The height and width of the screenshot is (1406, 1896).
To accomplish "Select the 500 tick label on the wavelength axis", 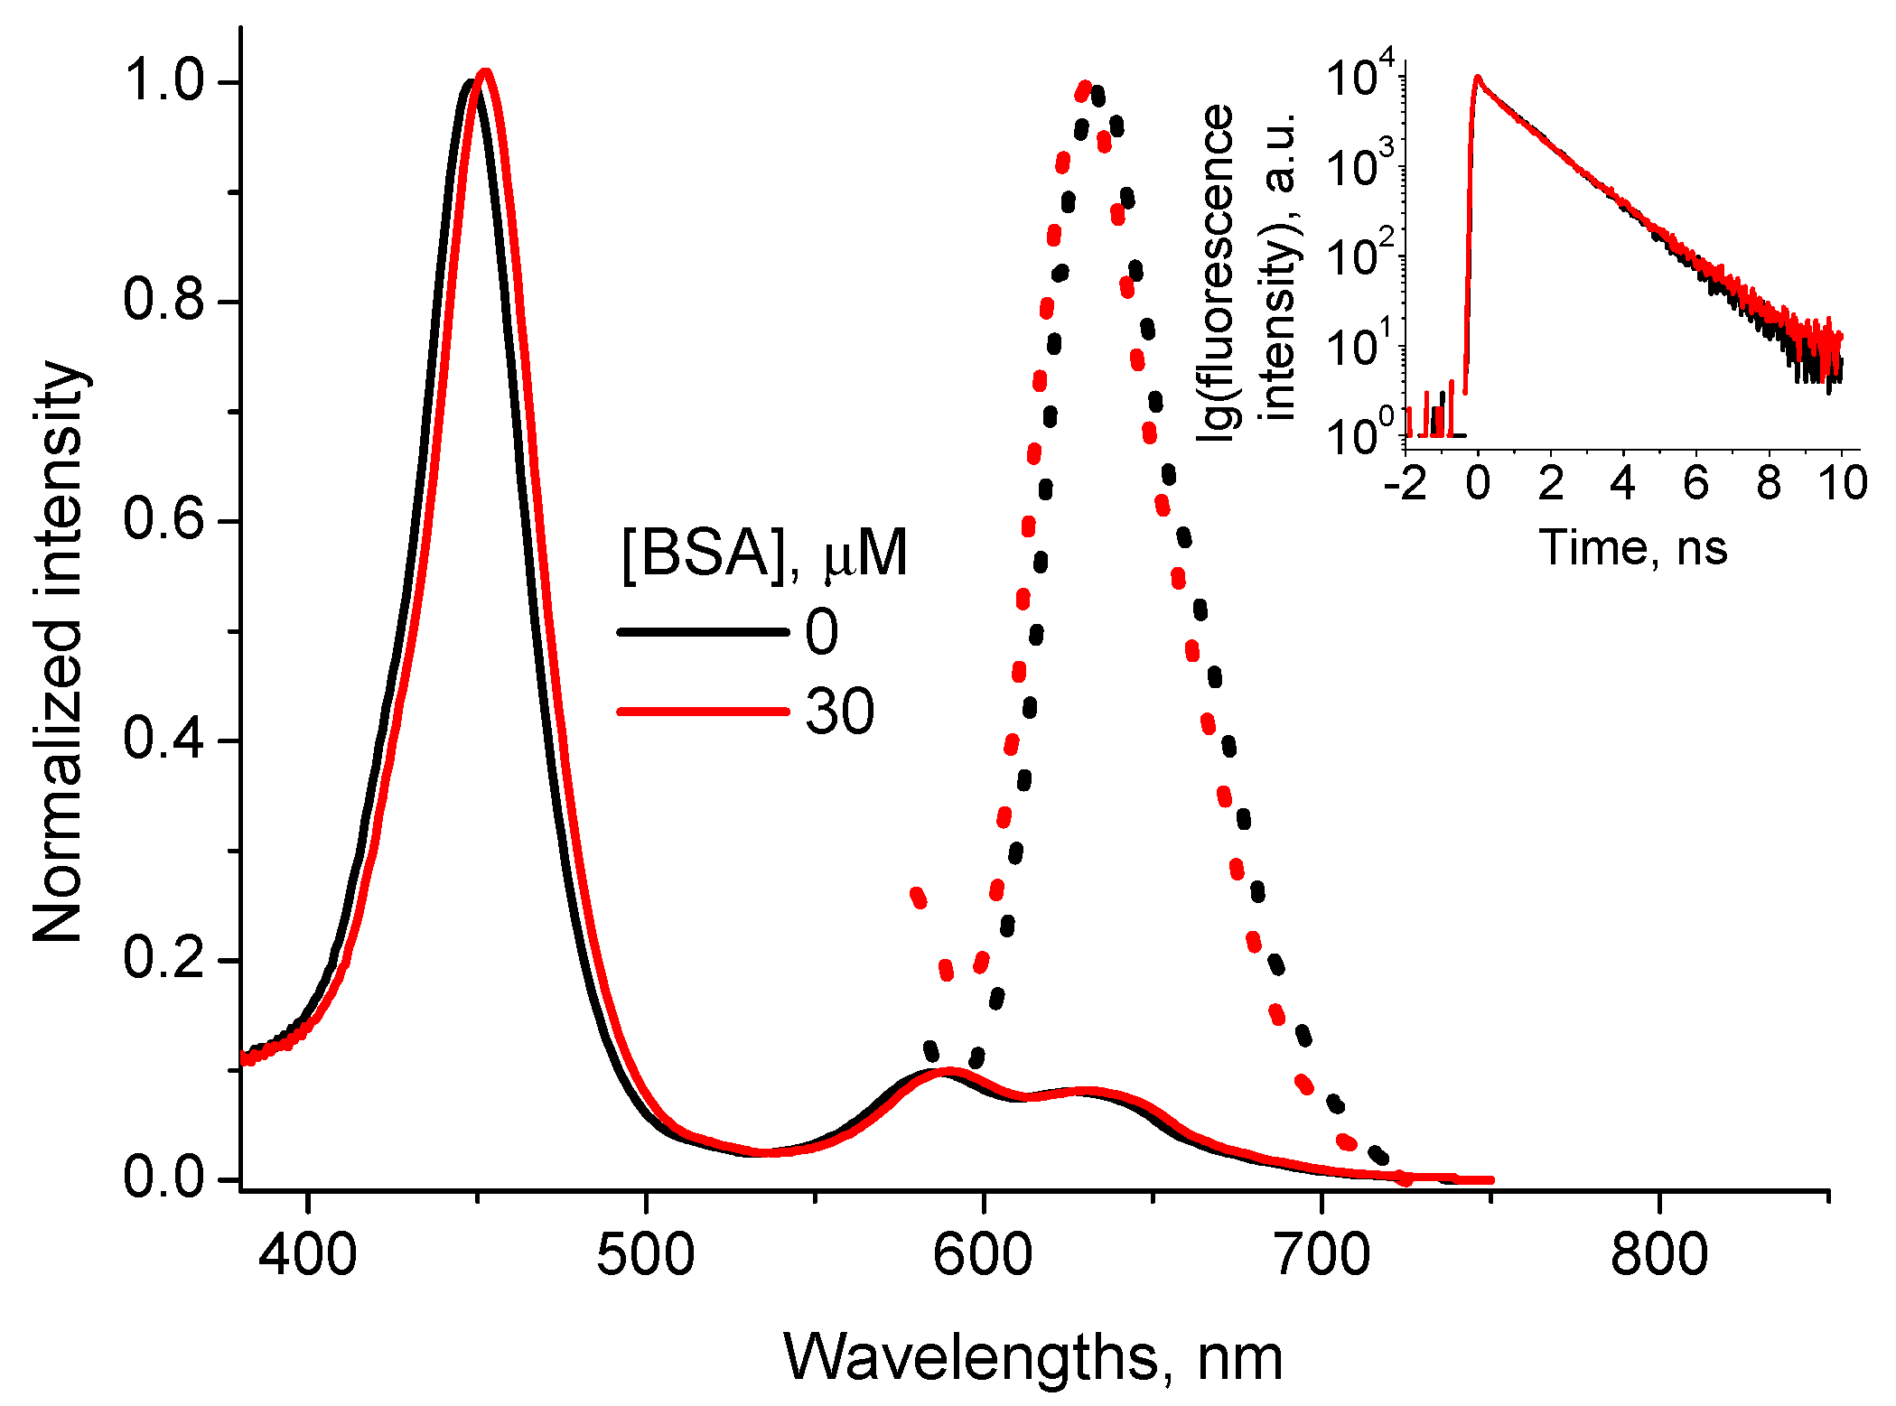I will [x=646, y=1254].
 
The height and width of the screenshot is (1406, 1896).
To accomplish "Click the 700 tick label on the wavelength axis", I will [x=1322, y=1254].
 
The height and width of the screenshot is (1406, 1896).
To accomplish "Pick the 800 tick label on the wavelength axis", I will [x=1659, y=1254].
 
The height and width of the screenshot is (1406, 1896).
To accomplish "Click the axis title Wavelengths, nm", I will [x=1032, y=1357].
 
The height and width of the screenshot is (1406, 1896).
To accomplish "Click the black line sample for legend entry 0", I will [x=703, y=632].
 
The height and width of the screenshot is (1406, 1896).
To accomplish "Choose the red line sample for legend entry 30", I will [x=703, y=712].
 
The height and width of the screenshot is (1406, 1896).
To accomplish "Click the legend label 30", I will [x=840, y=712].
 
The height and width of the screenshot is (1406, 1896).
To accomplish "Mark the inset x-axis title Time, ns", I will [x=1633, y=547].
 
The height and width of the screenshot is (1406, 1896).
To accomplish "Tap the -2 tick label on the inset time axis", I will [x=1406, y=484].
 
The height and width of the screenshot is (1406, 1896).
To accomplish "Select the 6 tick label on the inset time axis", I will [x=1695, y=484].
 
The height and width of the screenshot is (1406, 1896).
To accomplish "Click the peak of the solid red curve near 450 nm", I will [x=486, y=72].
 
